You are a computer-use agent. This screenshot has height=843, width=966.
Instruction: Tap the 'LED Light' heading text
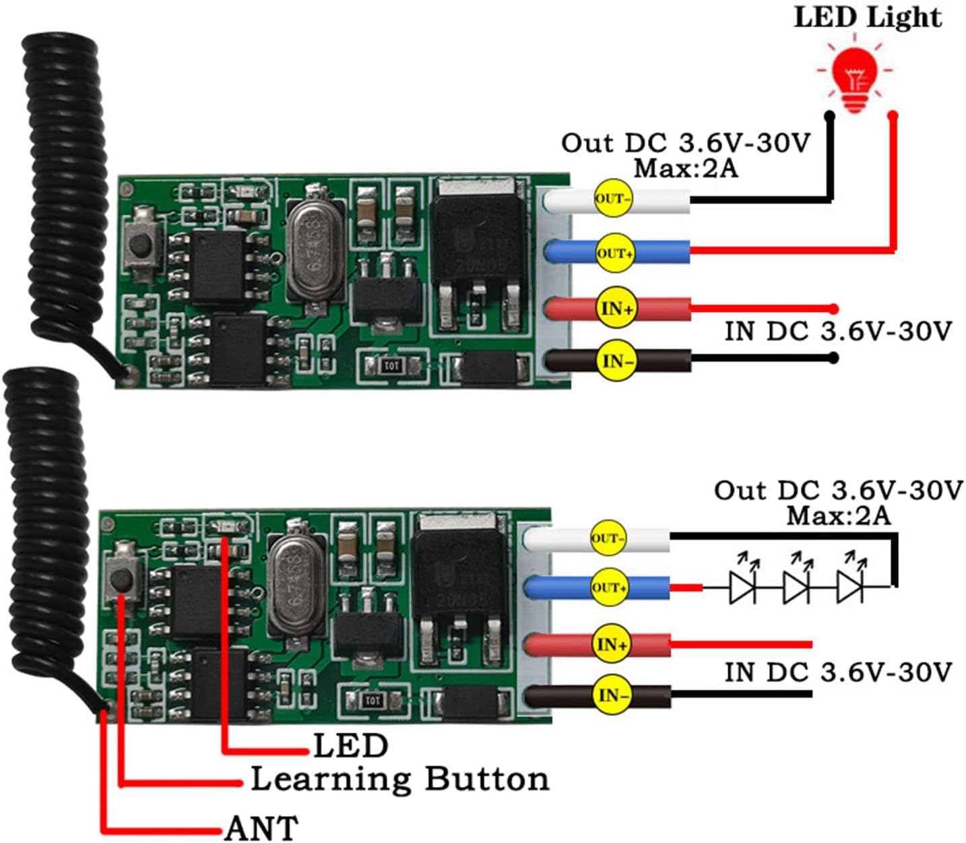[868, 17]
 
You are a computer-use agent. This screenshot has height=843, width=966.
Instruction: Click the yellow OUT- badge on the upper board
[613, 199]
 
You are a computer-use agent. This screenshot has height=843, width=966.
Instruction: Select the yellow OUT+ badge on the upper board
[614, 253]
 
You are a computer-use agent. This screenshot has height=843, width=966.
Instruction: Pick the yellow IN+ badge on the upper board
[616, 309]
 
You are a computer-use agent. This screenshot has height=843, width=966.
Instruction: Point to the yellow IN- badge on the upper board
[616, 362]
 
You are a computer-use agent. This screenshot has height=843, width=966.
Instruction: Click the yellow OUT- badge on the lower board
[608, 538]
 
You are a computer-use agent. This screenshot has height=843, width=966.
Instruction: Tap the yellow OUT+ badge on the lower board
[609, 587]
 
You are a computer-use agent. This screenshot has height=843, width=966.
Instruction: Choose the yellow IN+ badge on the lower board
[612, 645]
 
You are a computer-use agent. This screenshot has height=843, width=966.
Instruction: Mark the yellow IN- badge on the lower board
[612, 695]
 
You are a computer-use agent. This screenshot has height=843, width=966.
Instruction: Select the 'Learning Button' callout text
[399, 779]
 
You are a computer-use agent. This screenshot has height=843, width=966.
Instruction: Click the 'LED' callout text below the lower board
[350, 745]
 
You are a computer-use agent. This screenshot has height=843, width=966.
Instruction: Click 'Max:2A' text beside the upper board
[686, 168]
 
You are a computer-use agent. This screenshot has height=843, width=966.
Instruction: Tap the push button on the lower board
[122, 578]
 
